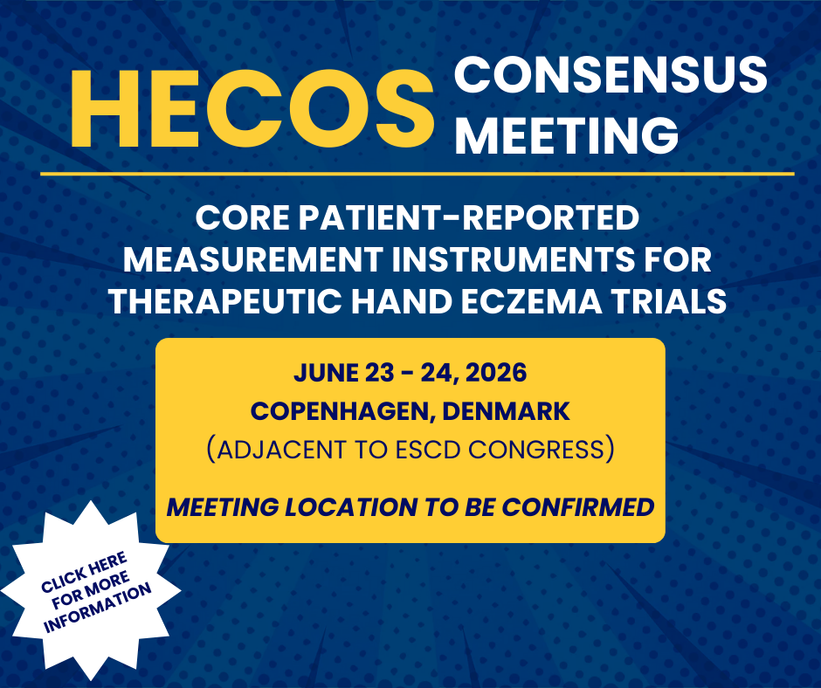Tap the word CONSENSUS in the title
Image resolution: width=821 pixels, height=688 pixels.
coord(611,78)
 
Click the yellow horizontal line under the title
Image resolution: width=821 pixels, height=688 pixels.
coord(417,174)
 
